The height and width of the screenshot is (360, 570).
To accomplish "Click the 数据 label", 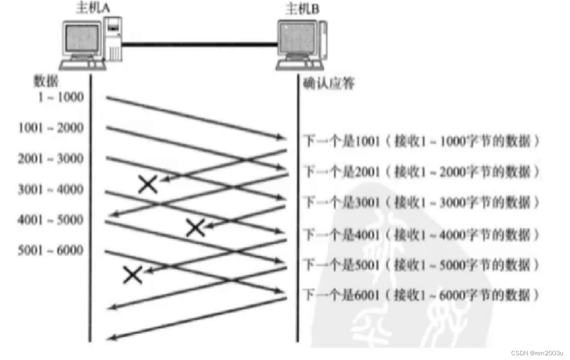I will [45, 81].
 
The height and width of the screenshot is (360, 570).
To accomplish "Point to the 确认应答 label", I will [329, 84].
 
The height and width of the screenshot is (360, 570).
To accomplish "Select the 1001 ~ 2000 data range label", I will [51, 128].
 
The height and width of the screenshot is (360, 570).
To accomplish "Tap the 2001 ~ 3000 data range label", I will [51, 158].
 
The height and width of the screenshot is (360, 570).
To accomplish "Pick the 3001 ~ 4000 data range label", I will [51, 189].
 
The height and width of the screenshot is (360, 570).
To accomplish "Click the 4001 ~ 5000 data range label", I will [51, 220].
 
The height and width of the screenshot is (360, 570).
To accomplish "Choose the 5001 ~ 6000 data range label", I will [51, 250].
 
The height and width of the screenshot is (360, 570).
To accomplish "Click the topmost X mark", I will [148, 185].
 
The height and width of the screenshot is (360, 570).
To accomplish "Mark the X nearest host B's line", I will [195, 228].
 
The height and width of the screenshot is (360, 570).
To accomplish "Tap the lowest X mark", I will [133, 275].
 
